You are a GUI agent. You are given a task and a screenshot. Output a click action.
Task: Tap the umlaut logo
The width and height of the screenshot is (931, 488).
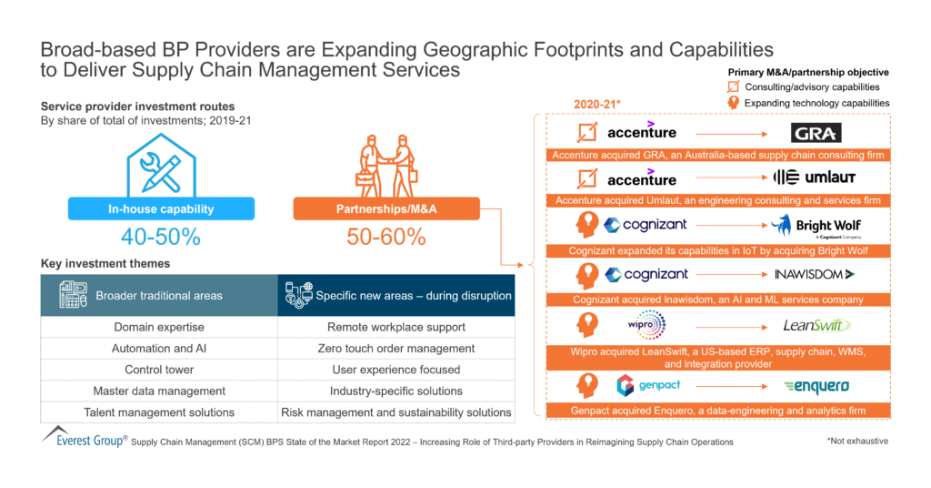814,177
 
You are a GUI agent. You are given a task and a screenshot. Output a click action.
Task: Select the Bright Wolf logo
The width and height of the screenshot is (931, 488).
814,225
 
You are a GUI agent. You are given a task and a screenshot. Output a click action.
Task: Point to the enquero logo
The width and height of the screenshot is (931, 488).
816,386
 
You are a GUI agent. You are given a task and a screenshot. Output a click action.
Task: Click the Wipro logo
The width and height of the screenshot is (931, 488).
646,325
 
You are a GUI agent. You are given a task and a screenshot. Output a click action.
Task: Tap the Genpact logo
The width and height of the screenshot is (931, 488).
647,386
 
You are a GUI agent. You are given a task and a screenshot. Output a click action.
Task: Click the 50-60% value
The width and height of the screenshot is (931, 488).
385,238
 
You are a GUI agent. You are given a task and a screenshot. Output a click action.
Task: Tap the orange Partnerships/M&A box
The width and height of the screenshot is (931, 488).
385,208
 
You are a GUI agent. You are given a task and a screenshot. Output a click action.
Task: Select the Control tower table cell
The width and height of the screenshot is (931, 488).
159,370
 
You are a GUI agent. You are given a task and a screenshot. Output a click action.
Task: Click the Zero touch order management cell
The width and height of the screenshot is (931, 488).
395,349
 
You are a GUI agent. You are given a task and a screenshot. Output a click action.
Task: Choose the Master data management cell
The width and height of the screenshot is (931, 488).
159,391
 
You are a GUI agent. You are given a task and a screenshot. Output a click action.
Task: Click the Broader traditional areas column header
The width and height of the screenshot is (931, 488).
159,295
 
